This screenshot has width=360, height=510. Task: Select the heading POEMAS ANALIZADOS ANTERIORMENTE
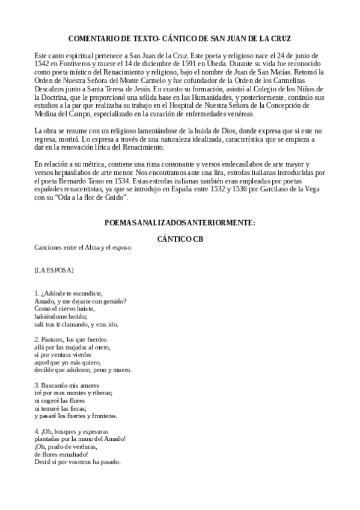pos(180,223)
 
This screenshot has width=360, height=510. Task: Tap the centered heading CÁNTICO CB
pos(180,239)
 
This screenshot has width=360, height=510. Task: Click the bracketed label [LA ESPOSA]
pos(54,269)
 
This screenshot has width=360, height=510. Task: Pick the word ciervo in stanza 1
pos(63,309)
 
